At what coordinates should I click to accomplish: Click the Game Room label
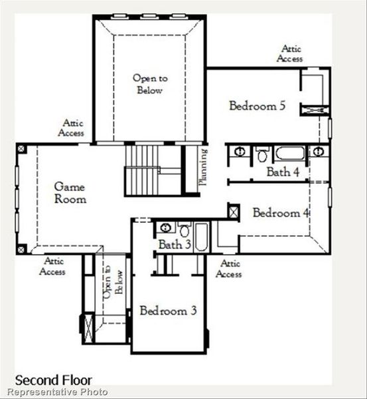[x=70, y=193]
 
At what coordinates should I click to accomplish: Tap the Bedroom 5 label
[x=257, y=105]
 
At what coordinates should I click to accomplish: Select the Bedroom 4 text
[x=281, y=213]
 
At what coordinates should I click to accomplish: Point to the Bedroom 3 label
[x=168, y=311]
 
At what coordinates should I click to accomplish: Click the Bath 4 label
[x=279, y=172]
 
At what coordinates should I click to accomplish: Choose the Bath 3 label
[x=175, y=245]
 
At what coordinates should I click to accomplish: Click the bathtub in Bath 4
[x=290, y=154]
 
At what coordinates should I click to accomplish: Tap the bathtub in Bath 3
[x=202, y=237]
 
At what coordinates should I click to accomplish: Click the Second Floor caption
[x=49, y=381]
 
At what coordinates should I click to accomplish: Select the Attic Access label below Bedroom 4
[x=229, y=269]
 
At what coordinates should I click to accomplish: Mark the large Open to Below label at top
[x=149, y=84]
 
